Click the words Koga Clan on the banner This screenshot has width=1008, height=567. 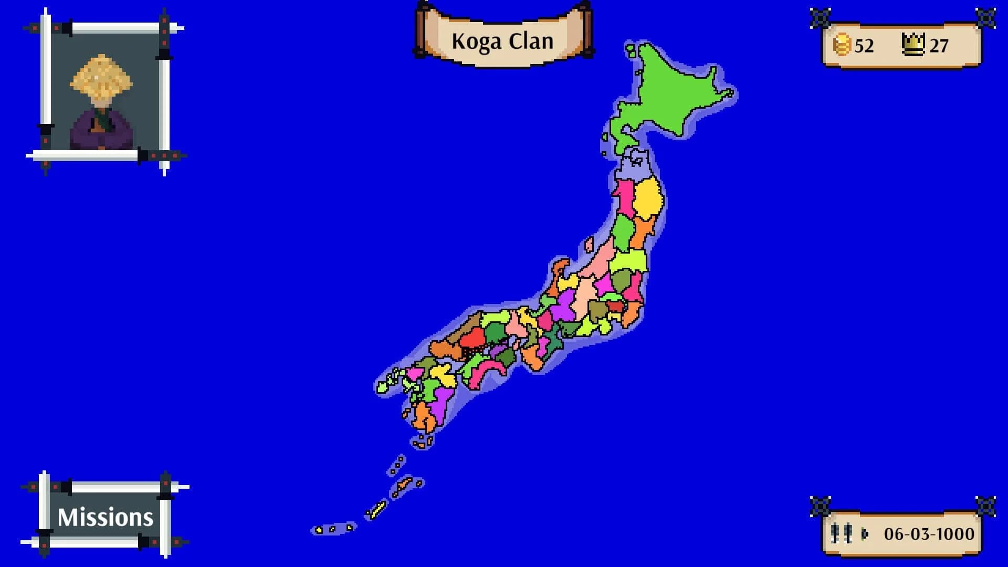502,41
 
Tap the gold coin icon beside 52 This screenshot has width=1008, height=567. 842,45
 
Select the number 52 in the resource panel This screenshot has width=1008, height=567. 864,46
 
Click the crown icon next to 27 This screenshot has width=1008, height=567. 913,44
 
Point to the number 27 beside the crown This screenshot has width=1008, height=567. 939,46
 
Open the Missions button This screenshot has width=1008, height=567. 105,517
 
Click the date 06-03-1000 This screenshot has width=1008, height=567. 929,534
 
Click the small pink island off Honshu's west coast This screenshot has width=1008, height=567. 589,244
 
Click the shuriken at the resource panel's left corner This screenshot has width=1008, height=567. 820,18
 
